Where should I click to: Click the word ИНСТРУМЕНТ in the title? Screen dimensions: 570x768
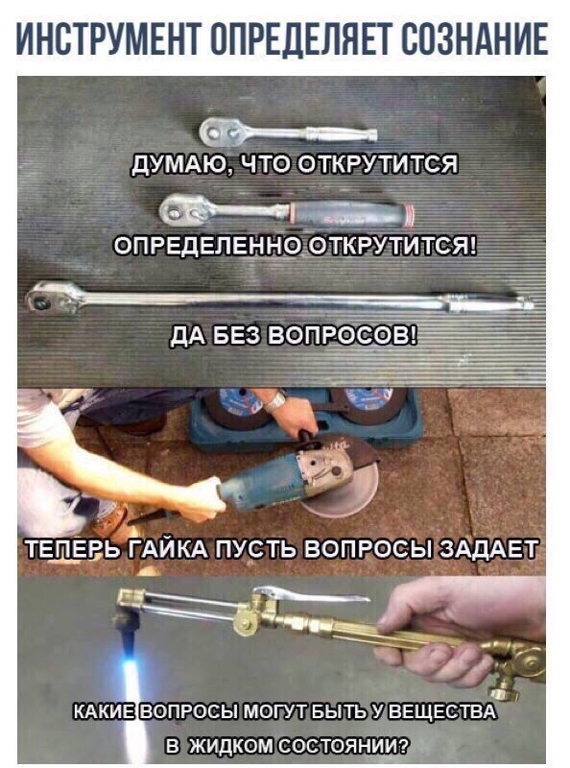[107, 38]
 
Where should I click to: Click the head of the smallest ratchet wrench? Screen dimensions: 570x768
[220, 132]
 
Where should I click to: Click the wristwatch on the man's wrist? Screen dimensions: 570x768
[275, 401]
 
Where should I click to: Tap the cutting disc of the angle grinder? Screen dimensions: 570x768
[343, 490]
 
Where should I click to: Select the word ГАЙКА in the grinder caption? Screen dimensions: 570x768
[167, 548]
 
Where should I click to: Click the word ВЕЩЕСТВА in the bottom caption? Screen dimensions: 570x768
[444, 711]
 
